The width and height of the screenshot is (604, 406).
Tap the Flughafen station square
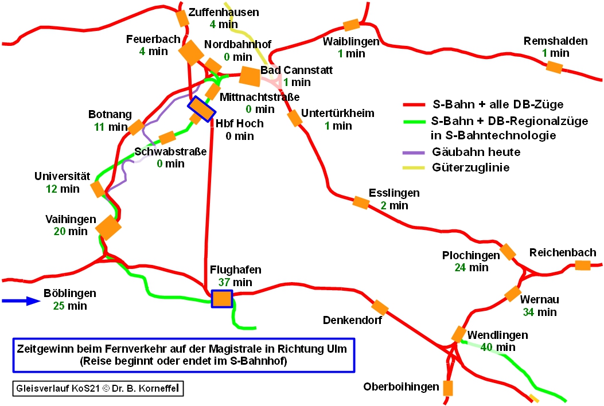[x=221, y=299]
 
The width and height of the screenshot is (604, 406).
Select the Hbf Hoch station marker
[x=201, y=109]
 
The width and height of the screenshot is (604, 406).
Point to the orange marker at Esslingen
[x=360, y=202]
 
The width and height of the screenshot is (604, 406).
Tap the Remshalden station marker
[x=554, y=67]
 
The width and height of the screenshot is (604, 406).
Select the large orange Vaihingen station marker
[x=108, y=227]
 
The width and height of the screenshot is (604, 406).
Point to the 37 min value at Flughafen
[x=235, y=282]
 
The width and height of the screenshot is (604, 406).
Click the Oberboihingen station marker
[x=448, y=388]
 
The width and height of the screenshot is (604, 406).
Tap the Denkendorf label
[x=352, y=320]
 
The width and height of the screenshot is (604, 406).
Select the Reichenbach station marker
[x=582, y=265]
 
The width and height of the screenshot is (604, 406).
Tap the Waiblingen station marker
[x=350, y=25]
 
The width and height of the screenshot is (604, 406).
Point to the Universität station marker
[x=97, y=189]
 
